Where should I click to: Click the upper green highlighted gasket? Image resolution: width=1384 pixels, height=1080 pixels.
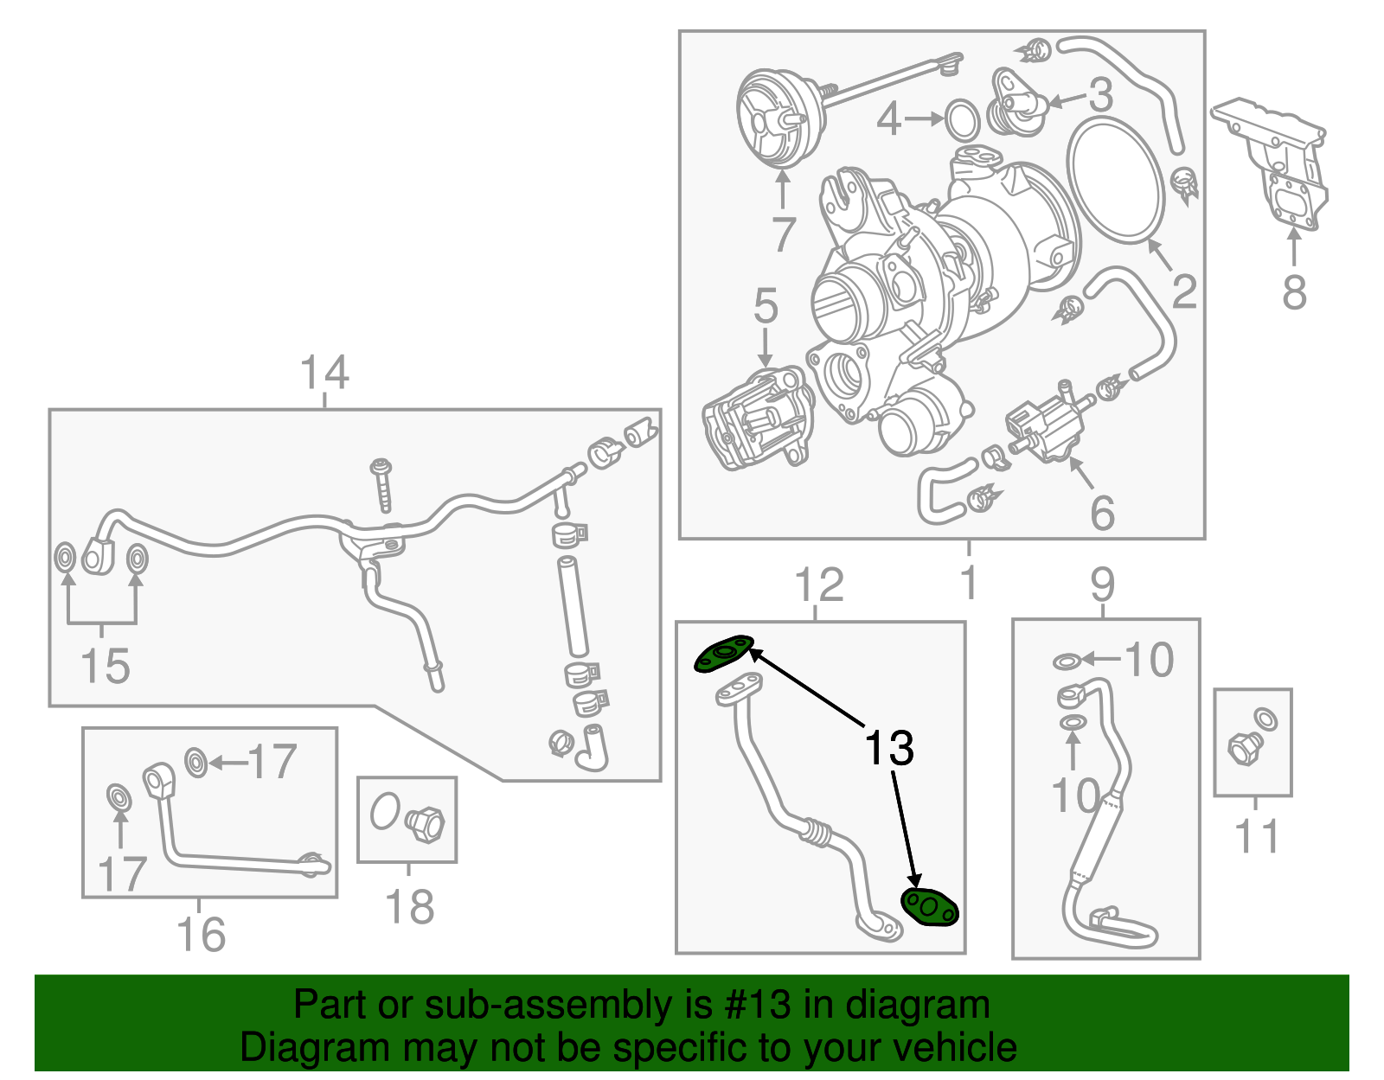click(724, 654)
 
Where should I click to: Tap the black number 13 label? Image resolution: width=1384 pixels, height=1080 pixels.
click(889, 748)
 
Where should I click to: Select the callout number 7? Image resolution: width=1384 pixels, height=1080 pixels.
click(783, 233)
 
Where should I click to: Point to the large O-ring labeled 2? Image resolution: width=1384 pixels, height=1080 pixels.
click(1116, 181)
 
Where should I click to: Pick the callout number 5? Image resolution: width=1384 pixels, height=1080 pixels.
click(766, 306)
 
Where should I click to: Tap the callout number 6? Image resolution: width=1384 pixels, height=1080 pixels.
click(1102, 513)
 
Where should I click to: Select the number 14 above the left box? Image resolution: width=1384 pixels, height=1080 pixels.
click(324, 373)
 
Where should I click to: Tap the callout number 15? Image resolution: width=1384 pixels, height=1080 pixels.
click(105, 666)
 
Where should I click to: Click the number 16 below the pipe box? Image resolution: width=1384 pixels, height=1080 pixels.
click(201, 934)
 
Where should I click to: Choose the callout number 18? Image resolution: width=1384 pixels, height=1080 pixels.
click(408, 906)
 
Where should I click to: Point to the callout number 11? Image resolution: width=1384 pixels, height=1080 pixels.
click(1256, 836)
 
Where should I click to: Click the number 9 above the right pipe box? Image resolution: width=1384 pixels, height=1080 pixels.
click(1103, 585)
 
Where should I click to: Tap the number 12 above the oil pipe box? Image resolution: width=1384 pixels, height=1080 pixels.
click(818, 585)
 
